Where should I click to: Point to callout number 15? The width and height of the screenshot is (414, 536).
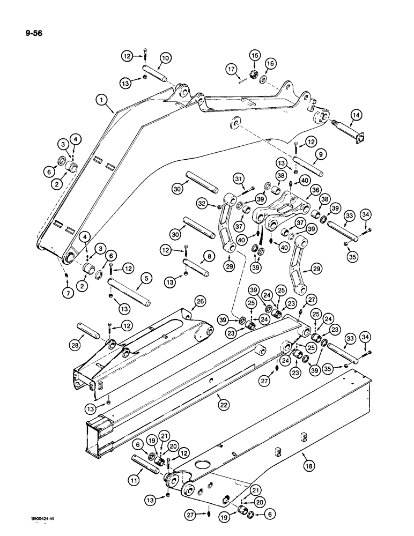pyautogui.click(x=254, y=55)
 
